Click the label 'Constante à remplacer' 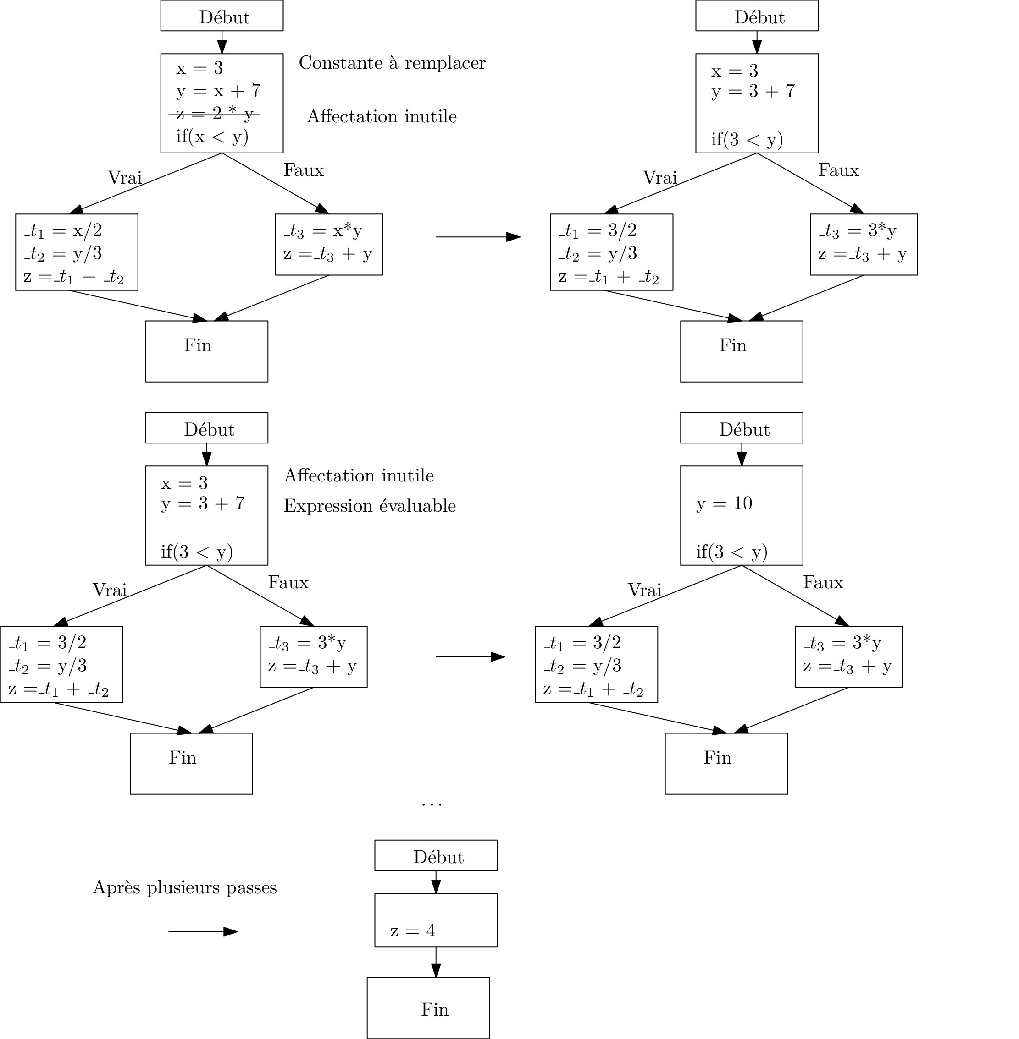[x=392, y=63]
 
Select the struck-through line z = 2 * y [x=214, y=114]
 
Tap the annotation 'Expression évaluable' [x=369, y=506]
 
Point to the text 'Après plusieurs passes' [x=185, y=888]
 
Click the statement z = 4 [x=413, y=931]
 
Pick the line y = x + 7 [x=218, y=91]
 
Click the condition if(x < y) [x=212, y=137]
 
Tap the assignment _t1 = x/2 [x=63, y=230]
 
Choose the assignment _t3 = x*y [x=323, y=230]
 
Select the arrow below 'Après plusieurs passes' [x=202, y=931]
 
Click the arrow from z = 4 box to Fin [x=436, y=962]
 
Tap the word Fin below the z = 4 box [x=435, y=1010]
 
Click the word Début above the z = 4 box [x=438, y=857]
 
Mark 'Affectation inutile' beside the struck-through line [x=382, y=116]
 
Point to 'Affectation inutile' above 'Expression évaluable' [x=359, y=476]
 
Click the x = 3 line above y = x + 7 [x=199, y=68]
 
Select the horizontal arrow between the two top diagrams [x=477, y=236]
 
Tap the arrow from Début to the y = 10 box [x=741, y=454]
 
